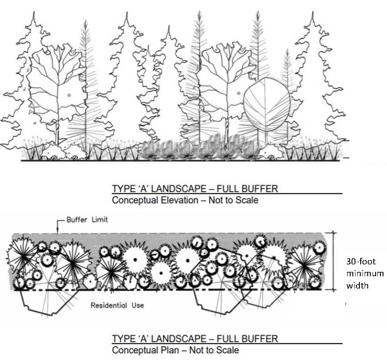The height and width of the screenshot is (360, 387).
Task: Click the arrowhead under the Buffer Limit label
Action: (57, 231)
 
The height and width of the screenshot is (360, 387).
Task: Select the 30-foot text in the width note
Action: (360, 262)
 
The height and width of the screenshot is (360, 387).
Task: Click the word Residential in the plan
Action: (105, 305)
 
